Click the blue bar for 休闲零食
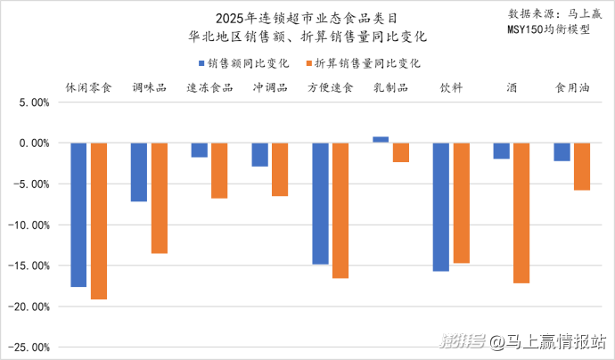coord(78,215)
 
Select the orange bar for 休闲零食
coord(99,221)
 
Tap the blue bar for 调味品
coord(139,172)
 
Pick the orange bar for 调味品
coord(159,198)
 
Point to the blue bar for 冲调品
coord(259,154)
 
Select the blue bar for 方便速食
coord(320,203)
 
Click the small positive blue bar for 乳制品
coord(381,140)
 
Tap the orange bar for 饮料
coord(461,202)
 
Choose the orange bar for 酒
coord(521,213)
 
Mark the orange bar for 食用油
coord(581,166)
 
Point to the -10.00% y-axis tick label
coord(30,225)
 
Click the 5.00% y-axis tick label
coord(33,102)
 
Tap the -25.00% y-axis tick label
coord(30,347)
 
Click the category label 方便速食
coord(330,88)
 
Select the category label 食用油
coord(571,88)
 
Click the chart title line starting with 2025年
coord(308,18)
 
